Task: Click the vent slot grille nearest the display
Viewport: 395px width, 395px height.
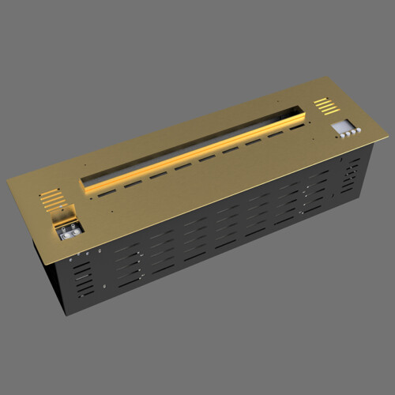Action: pyautogui.click(x=324, y=103)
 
